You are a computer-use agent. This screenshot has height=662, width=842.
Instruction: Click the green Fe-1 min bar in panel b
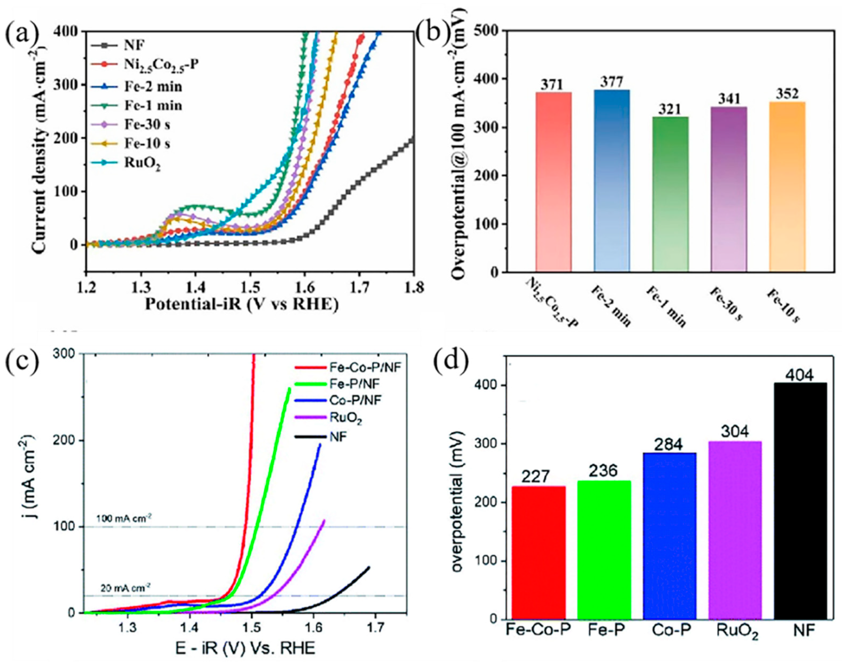[x=670, y=194]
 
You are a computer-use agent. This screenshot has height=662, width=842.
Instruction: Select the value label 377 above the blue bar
[x=612, y=82]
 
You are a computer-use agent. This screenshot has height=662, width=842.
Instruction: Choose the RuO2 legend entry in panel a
[x=142, y=164]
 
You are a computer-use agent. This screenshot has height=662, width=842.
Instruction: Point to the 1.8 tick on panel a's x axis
[x=413, y=288]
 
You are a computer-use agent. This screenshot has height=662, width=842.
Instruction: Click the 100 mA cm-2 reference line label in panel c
[x=124, y=518]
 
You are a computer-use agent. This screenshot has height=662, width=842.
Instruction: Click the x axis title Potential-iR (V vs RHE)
[x=242, y=305]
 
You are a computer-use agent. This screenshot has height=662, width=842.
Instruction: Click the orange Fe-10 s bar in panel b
[x=787, y=186]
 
